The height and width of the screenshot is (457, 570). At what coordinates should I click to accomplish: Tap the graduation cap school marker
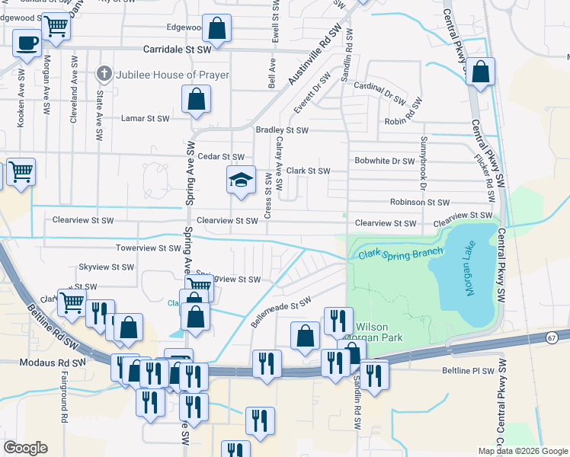241,181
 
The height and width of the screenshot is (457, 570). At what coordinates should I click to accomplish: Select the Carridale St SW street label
178,50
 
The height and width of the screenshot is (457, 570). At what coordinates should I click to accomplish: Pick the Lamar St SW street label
146,119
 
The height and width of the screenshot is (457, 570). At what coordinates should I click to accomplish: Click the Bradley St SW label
282,130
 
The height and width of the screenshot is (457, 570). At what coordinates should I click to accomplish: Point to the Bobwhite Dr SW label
384,161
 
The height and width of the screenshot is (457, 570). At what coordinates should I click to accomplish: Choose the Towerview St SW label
148,248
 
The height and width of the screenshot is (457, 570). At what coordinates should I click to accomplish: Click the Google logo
26,448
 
